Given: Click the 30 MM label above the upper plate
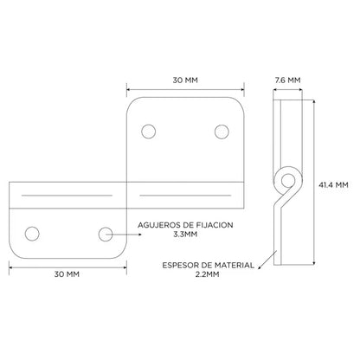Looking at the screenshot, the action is (x=185, y=80).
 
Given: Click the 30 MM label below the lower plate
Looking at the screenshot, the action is (x=67, y=274).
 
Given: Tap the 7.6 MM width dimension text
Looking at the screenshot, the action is (x=287, y=80).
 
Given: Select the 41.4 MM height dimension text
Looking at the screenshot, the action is (x=333, y=184).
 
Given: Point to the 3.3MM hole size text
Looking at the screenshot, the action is (x=185, y=234).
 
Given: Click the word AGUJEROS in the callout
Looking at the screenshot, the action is (x=156, y=225).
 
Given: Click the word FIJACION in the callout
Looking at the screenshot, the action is (x=216, y=225).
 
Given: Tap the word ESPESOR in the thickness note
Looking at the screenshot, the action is (x=177, y=265).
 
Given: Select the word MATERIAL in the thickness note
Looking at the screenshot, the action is (x=235, y=265).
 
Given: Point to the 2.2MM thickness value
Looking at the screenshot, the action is (x=207, y=274).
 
